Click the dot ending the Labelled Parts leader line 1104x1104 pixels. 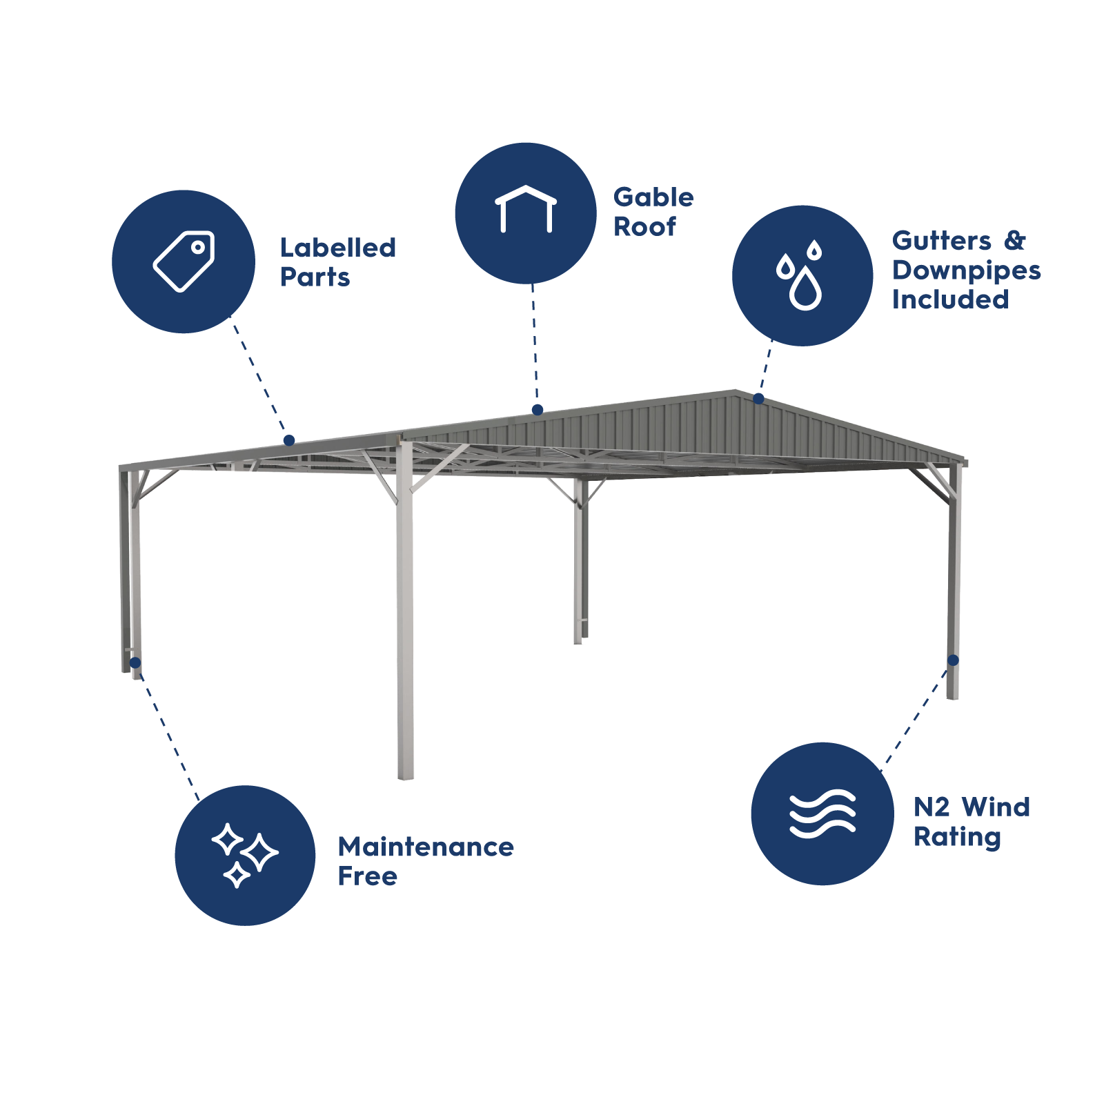coord(289,440)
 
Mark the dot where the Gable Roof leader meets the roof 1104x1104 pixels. coord(538,410)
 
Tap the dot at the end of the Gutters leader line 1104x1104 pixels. coord(758,398)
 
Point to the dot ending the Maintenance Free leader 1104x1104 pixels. coord(135,663)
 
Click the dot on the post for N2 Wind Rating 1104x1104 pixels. coord(953,660)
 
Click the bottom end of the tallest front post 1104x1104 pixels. coord(406,778)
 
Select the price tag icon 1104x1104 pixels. coord(184,262)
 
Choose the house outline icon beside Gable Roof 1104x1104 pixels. coord(526,209)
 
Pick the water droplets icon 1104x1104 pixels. coord(800,275)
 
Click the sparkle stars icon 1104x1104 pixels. coord(244,855)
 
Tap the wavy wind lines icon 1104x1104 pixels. coord(822,814)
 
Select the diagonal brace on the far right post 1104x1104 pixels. coord(933,483)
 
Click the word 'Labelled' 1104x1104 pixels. coord(338,248)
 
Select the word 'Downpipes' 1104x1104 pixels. coord(966,271)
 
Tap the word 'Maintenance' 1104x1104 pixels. coord(426,847)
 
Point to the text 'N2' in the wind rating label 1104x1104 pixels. coord(931,807)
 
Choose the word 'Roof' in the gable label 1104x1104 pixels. coord(644,226)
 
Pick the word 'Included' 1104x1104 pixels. coord(950,299)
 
